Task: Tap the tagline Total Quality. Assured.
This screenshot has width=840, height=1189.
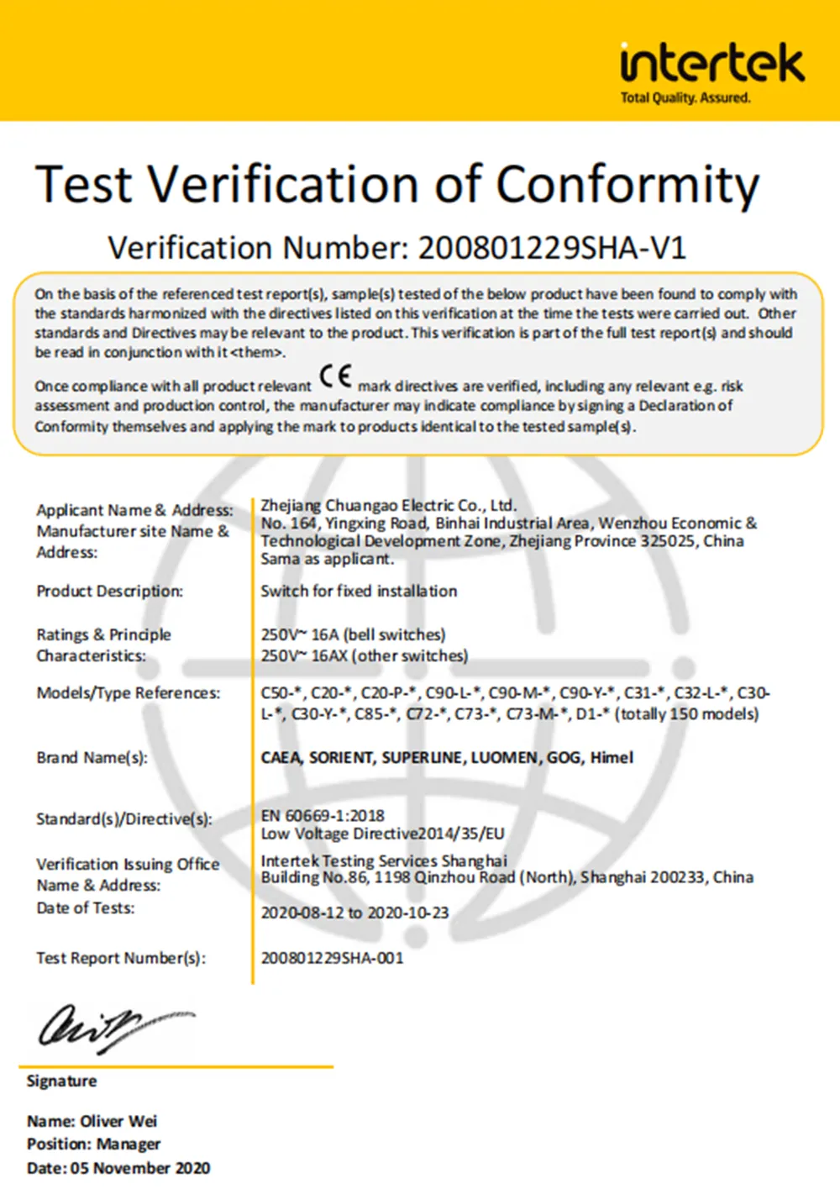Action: tap(685, 98)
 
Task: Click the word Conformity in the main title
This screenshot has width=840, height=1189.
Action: tap(627, 184)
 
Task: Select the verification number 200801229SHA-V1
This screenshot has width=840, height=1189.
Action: tap(552, 248)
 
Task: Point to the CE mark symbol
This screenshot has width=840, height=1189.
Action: tap(336, 376)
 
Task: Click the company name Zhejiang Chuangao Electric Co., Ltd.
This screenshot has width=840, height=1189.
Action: tap(388, 505)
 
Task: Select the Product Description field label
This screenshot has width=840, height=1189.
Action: tap(109, 592)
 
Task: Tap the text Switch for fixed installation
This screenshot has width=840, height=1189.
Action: tap(359, 592)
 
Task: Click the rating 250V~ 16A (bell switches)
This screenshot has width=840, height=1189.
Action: tap(353, 634)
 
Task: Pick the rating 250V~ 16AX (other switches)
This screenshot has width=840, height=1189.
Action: tap(364, 655)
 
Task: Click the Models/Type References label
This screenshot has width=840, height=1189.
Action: tap(128, 693)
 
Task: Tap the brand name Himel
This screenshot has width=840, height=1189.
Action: tap(612, 758)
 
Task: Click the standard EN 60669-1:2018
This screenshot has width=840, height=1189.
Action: tap(323, 815)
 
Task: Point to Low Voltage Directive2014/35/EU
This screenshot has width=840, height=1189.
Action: tap(382, 834)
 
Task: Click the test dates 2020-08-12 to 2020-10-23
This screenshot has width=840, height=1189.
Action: tap(354, 913)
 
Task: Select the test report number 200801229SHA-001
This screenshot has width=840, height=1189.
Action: tap(332, 958)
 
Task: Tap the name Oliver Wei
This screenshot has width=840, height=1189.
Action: tap(118, 1121)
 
